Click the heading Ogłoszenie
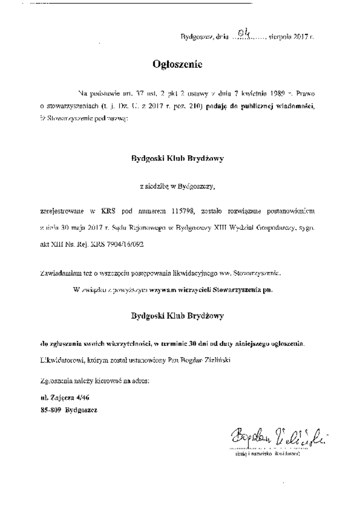point(178,65)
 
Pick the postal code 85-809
point(50,409)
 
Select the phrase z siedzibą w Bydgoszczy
point(177,186)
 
